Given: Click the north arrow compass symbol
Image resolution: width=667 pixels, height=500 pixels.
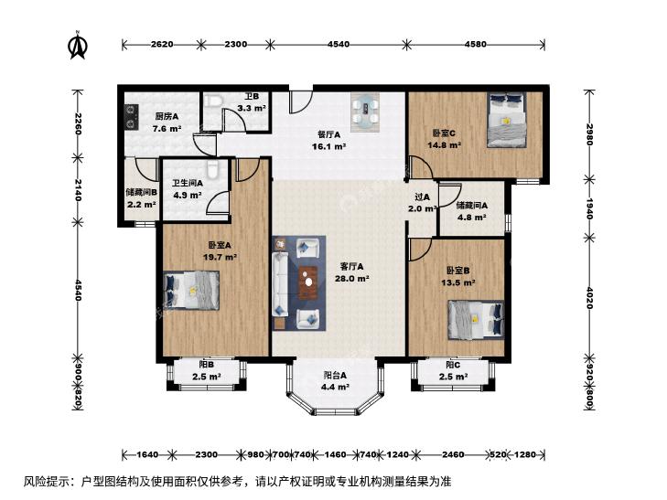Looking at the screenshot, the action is (x=78, y=45).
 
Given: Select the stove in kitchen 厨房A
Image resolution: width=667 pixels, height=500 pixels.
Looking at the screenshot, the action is (x=131, y=116).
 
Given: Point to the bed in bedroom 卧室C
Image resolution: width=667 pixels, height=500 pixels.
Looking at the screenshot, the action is (x=506, y=120).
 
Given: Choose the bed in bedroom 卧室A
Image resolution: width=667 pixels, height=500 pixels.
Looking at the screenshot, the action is (x=191, y=290).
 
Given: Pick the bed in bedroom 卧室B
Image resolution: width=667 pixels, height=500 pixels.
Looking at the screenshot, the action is (x=477, y=320).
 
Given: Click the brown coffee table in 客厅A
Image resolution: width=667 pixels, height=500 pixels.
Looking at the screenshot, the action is (x=308, y=282).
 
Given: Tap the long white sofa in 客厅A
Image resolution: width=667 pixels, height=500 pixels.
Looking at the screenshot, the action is (x=280, y=283).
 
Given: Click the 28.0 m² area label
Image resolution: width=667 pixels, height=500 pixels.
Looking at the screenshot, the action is (x=351, y=279).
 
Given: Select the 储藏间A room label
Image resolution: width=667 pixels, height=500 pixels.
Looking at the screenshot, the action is (x=472, y=206).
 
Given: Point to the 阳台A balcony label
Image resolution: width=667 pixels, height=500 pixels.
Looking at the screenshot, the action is (x=335, y=375).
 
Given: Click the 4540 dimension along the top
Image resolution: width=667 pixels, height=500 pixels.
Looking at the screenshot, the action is (x=339, y=44).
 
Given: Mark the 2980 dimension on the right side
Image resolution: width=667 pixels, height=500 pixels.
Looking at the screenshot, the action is (x=589, y=134).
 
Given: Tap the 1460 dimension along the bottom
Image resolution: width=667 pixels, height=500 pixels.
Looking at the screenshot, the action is (x=335, y=454).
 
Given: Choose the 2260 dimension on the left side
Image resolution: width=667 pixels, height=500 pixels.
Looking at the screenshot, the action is (x=78, y=123).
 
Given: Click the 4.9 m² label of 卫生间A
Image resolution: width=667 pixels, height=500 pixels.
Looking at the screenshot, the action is (x=188, y=196).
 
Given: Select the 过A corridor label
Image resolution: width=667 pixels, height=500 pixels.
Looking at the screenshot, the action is (x=422, y=197).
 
